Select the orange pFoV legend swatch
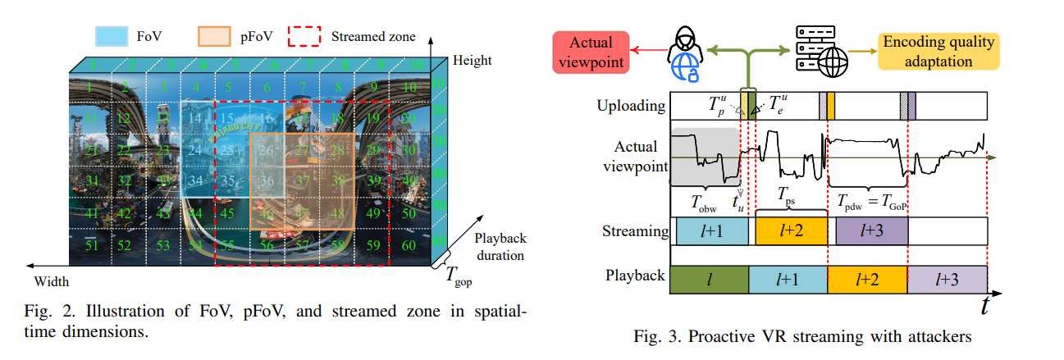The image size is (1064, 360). coord(214,36)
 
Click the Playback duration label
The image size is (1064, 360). coord(497,246)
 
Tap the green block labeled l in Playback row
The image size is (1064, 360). coord(710,279)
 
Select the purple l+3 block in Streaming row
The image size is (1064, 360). coord(871,232)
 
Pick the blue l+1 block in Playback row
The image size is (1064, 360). coord(788,279)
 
